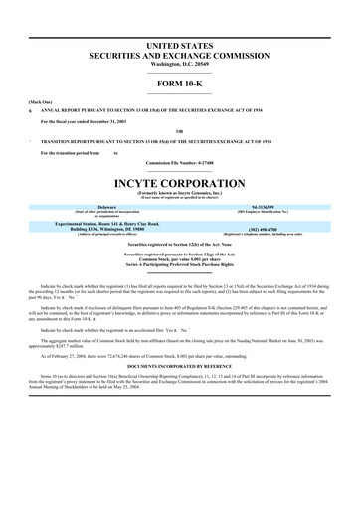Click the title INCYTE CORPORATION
[180, 185]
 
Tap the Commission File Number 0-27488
[180, 163]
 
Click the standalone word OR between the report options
[180, 132]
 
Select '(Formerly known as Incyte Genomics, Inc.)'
[180, 196]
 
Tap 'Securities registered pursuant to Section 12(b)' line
[180, 243]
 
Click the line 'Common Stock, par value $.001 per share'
[180, 255]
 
